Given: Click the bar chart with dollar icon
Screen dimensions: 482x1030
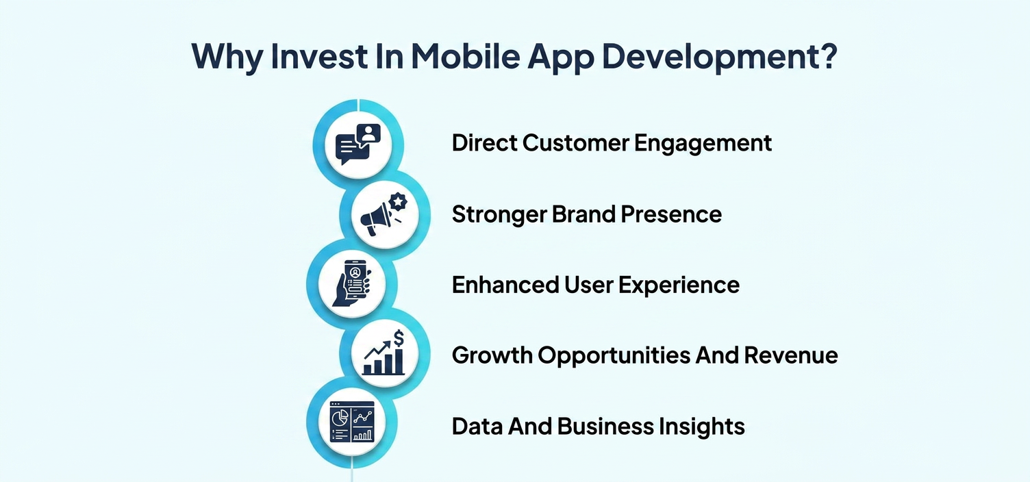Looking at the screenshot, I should [x=384, y=353].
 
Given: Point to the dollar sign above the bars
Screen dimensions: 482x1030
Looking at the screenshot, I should [x=398, y=338].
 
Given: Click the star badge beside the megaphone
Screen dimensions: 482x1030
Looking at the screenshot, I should [x=397, y=201].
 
